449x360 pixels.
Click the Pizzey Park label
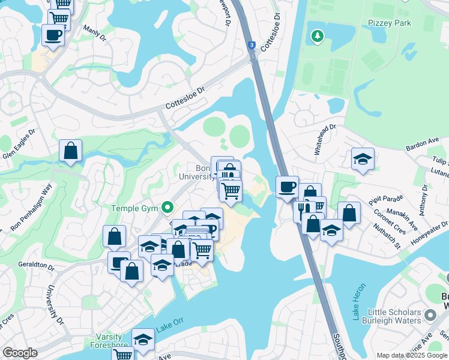point(391,23)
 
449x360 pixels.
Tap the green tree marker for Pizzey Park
point(318,37)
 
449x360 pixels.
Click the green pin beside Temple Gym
point(169,208)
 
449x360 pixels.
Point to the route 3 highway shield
point(250,44)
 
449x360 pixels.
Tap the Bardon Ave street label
point(423,144)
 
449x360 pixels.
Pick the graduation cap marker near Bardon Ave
point(363,159)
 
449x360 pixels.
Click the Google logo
point(20,353)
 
